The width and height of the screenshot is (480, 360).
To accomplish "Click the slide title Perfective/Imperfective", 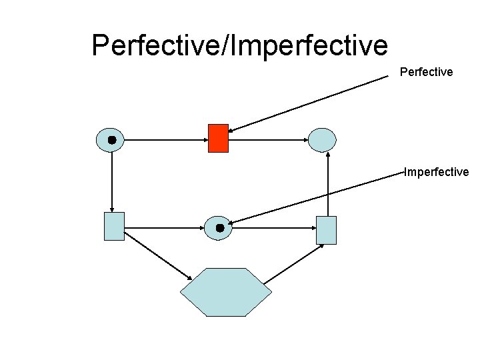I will [239, 45].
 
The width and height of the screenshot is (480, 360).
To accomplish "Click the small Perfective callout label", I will [426, 71].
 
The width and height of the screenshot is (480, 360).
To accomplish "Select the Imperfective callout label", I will [437, 172].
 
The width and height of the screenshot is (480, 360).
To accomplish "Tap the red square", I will [218, 138].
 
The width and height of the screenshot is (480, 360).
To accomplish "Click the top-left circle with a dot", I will [111, 140].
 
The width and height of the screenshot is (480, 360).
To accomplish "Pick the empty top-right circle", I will [322, 140].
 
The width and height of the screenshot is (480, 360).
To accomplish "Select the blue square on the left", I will [114, 226].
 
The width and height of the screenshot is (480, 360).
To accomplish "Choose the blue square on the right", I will [326, 230].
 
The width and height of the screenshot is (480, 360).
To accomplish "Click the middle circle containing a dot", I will [217, 228].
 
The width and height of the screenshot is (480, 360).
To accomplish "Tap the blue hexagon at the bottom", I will [226, 292].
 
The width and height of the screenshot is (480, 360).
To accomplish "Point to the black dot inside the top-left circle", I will [112, 140].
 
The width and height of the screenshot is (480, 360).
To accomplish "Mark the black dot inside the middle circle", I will [219, 228].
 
